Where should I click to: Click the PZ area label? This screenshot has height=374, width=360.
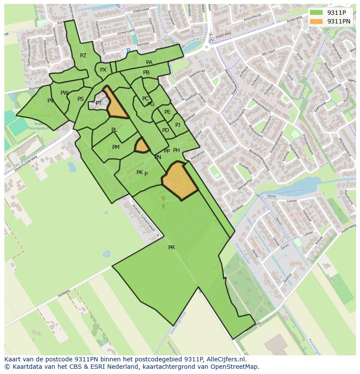pos(83,56)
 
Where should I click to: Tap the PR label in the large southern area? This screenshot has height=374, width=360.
pos(171,248)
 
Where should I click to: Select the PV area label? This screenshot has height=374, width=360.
pos(51,101)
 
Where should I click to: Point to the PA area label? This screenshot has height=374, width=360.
pos(149,63)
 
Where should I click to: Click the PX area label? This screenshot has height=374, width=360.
pos(103,70)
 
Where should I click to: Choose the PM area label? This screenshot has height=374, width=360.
pos(116,147)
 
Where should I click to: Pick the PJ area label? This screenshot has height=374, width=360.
pos(178,125)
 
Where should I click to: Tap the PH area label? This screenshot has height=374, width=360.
pos(177,150)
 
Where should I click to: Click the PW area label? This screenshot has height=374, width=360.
pos(64,93)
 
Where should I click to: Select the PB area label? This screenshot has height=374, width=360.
pos(146,73)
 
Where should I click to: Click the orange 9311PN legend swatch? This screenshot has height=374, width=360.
pos(316,21)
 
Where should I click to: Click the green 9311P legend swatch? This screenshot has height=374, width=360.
pos(316,13)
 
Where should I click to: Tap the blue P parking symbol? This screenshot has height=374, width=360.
pos(128,51)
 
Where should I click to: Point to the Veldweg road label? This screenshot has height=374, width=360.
pos(63,295)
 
